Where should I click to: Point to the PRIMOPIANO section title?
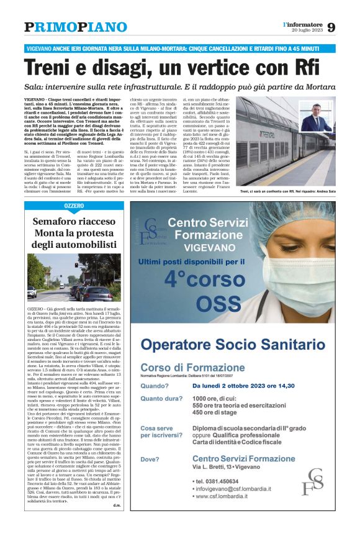tap(76, 27)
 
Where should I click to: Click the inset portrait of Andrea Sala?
tap(317, 117)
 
